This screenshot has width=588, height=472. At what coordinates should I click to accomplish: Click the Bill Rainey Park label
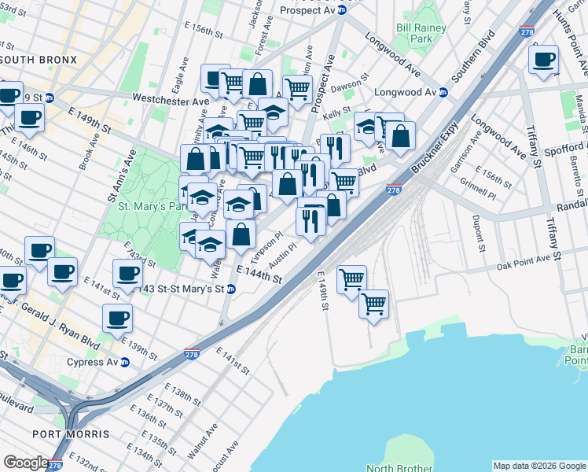coord(421,33)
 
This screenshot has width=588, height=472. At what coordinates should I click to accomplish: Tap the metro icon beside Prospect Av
coord(342,10)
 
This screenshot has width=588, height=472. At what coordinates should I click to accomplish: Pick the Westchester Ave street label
coord(171,100)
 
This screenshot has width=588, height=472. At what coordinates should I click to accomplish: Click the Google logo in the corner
coord(26,463)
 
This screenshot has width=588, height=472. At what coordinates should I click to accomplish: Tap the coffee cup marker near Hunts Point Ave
coord(543,60)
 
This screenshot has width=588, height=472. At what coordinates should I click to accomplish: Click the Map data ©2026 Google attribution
coord(538,466)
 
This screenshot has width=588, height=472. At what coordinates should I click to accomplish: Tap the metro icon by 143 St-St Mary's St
coord(230,289)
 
